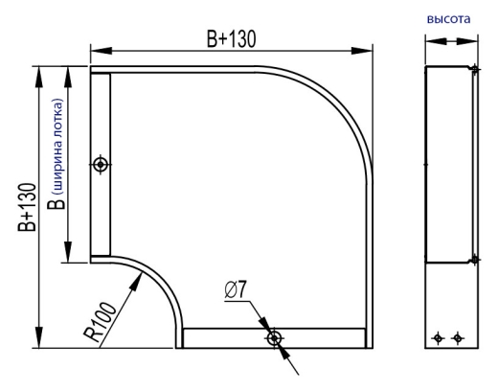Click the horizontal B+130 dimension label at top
[232, 39]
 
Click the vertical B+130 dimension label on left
[27, 207]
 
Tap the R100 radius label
[100, 322]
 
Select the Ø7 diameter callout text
[236, 290]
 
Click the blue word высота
[448, 19]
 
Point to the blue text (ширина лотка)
[58, 147]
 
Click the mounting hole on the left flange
[101, 165]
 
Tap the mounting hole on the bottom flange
[274, 338]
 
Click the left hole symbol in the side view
[438, 337]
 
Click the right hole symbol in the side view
[458, 337]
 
